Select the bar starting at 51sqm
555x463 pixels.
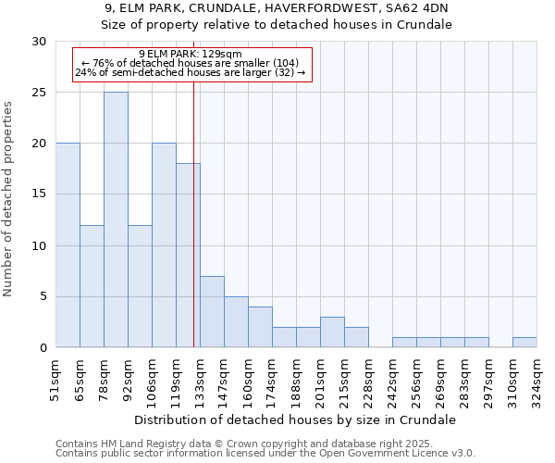68,245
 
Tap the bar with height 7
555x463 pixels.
212,311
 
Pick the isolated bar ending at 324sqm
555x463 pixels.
524,342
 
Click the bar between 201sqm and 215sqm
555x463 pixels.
332,332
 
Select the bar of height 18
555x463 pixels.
188,256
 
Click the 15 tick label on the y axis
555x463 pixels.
39,194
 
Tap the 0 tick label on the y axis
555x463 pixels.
43,348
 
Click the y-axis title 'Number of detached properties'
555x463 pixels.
8,199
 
